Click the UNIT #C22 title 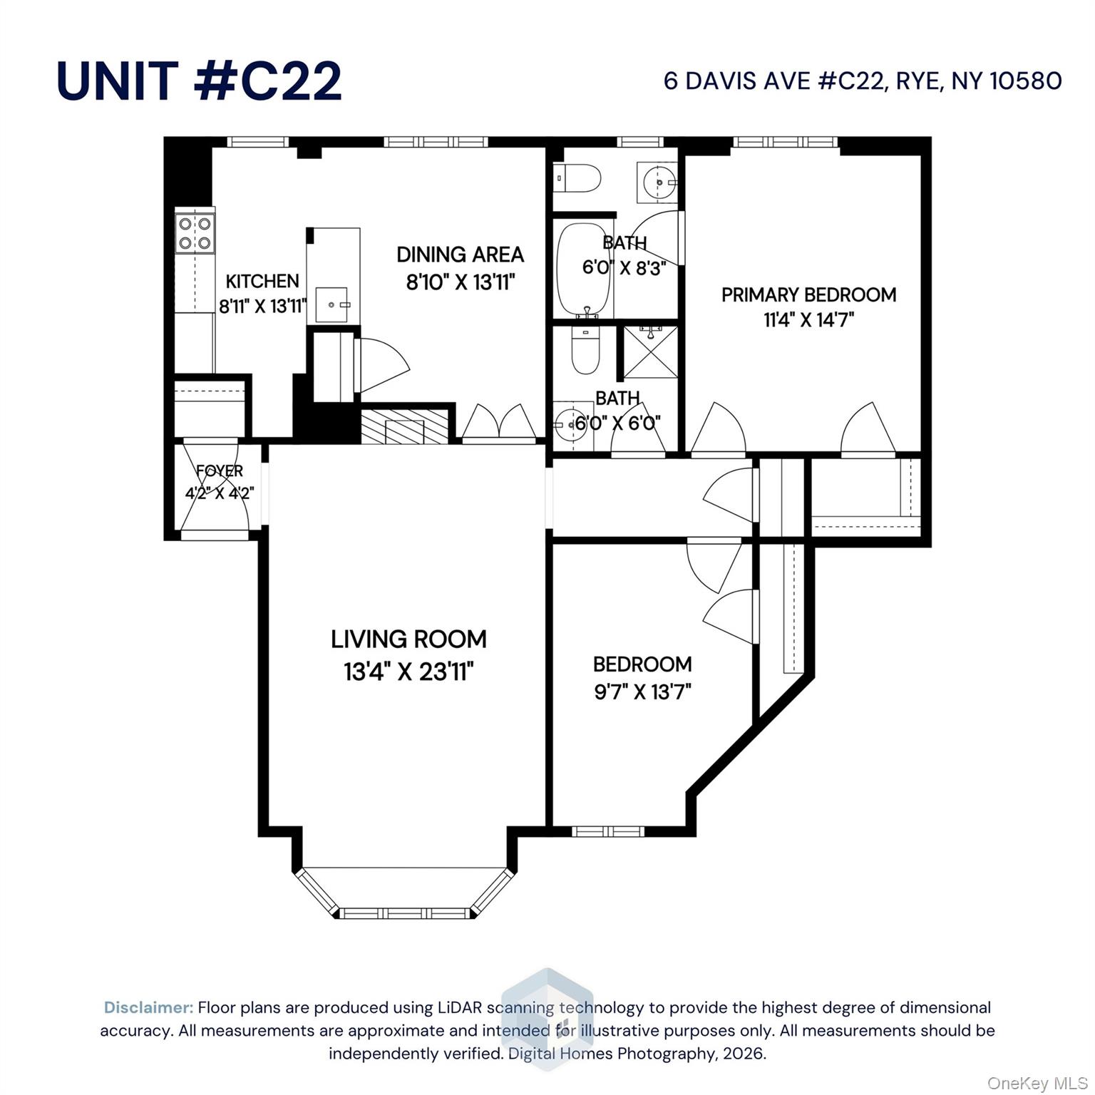click(199, 81)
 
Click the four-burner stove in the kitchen click(195, 233)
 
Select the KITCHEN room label click(262, 281)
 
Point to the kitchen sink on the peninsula click(332, 304)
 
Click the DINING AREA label click(460, 255)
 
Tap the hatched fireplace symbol click(404, 426)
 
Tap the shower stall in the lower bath click(650, 352)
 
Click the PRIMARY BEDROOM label click(808, 295)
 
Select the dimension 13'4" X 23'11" click(408, 672)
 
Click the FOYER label click(220, 471)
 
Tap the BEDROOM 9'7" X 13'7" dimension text click(642, 692)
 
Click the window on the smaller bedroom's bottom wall click(608, 831)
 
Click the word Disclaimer click(148, 1007)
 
